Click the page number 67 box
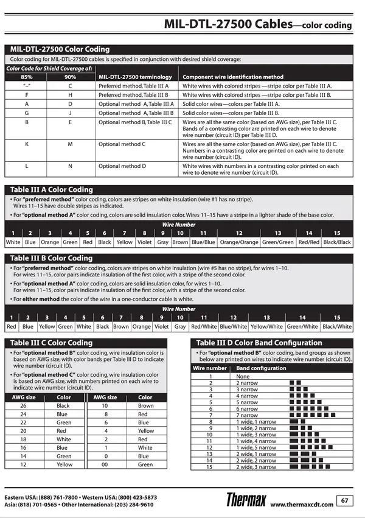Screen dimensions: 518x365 pyautogui.click(x=345, y=500)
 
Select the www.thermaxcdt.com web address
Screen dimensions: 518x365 pyautogui.click(x=302, y=505)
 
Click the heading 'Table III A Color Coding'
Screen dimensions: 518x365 pyautogui.click(x=52, y=189)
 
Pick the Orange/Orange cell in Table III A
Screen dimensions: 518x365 pyautogui.click(x=239, y=242)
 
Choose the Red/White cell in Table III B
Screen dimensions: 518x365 pyautogui.click(x=204, y=326)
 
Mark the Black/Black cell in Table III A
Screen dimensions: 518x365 pyautogui.click(x=337, y=242)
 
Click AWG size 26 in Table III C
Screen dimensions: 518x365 pyautogui.click(x=23, y=405)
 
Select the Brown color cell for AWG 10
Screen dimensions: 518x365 pyautogui.click(x=146, y=405)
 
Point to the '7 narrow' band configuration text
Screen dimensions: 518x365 pyautogui.click(x=247, y=415)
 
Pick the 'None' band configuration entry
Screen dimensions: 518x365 pyautogui.click(x=243, y=376)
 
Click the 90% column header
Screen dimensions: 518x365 pyautogui.click(x=71, y=77)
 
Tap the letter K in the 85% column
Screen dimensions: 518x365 pyautogui.click(x=27, y=144)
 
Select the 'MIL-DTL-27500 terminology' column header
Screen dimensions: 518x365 pyautogui.click(x=134, y=77)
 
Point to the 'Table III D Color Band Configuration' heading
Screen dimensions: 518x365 pyautogui.click(x=259, y=343)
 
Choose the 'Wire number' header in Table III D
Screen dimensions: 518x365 pyautogui.click(x=210, y=368)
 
